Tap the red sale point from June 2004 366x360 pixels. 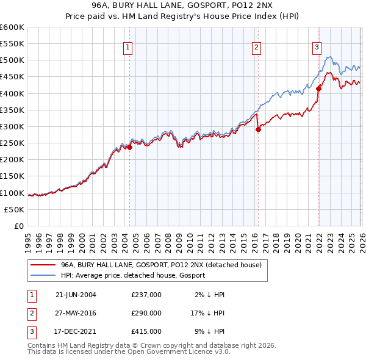(129, 147)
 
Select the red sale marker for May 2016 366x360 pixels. (258, 129)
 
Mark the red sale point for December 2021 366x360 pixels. (318, 88)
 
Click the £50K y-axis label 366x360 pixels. (15, 209)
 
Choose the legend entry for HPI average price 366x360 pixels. (133, 275)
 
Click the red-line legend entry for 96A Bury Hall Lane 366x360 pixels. (161, 265)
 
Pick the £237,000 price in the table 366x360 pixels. (146, 294)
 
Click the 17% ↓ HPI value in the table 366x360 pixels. (208, 312)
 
